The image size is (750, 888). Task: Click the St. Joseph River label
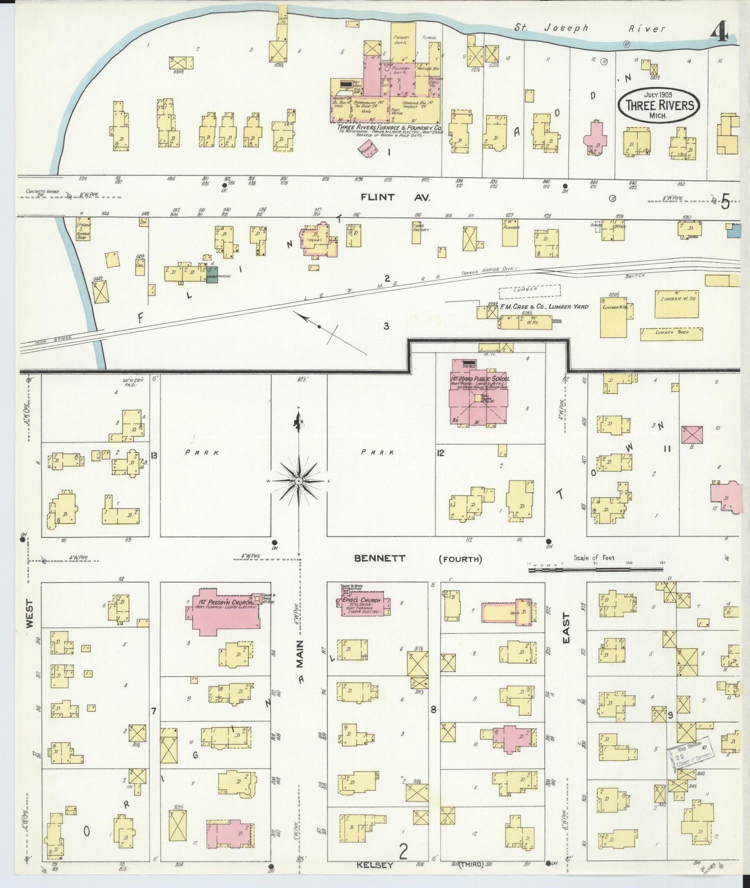590,28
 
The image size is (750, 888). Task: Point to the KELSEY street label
374,865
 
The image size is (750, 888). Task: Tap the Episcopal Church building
361,602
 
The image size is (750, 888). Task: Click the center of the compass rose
299,481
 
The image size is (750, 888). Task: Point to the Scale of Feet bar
595,570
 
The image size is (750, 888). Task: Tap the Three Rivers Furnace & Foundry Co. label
389,128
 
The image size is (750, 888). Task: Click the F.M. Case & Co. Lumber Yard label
544,307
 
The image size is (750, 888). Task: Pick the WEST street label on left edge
29,614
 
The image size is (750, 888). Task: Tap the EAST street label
566,628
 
